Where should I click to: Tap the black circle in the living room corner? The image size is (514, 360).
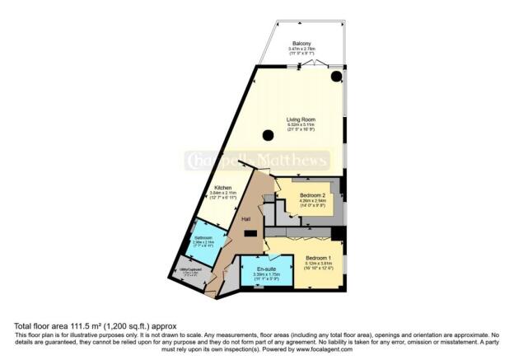tap(337, 77)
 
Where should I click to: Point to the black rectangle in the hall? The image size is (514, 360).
tap(250, 234)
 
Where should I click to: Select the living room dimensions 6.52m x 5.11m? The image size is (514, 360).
tap(301, 126)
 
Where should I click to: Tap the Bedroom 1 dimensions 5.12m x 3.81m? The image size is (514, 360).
tap(309, 263)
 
